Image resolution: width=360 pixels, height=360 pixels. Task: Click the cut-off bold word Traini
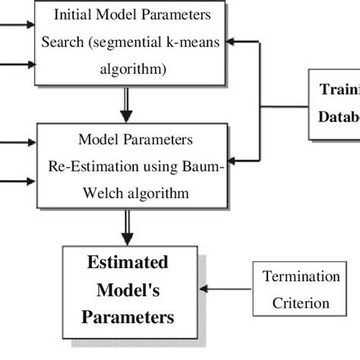339,88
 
